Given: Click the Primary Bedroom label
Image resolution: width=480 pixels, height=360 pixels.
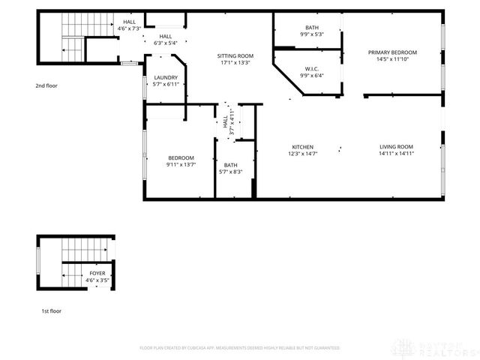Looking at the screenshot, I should (392, 52).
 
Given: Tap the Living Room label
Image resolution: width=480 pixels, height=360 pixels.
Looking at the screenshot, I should (396, 146).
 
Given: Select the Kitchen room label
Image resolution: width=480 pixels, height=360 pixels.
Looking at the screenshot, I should (302, 146).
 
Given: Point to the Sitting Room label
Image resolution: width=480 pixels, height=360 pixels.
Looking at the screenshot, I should (235, 56).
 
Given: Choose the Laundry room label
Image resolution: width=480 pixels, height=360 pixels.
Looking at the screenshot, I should (166, 77).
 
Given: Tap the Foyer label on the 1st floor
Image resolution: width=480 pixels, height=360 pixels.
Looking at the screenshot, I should (97, 273).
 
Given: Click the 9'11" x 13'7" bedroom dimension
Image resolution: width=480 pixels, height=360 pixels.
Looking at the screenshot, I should (181, 164).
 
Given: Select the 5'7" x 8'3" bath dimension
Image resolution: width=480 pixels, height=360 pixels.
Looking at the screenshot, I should (230, 172).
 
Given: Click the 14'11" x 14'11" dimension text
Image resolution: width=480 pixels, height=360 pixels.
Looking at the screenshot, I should (396, 153).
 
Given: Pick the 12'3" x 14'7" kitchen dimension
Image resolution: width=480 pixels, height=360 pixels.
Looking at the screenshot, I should (302, 153).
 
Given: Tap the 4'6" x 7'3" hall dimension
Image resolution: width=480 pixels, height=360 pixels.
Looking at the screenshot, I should (130, 28).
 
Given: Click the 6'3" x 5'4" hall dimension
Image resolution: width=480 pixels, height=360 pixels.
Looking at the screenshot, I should (165, 43).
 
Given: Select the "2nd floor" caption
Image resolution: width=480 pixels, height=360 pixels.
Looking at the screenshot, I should (46, 85).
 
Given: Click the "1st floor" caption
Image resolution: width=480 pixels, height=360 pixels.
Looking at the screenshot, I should (51, 310).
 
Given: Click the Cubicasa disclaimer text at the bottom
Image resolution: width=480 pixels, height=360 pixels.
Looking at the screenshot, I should (240, 348).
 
